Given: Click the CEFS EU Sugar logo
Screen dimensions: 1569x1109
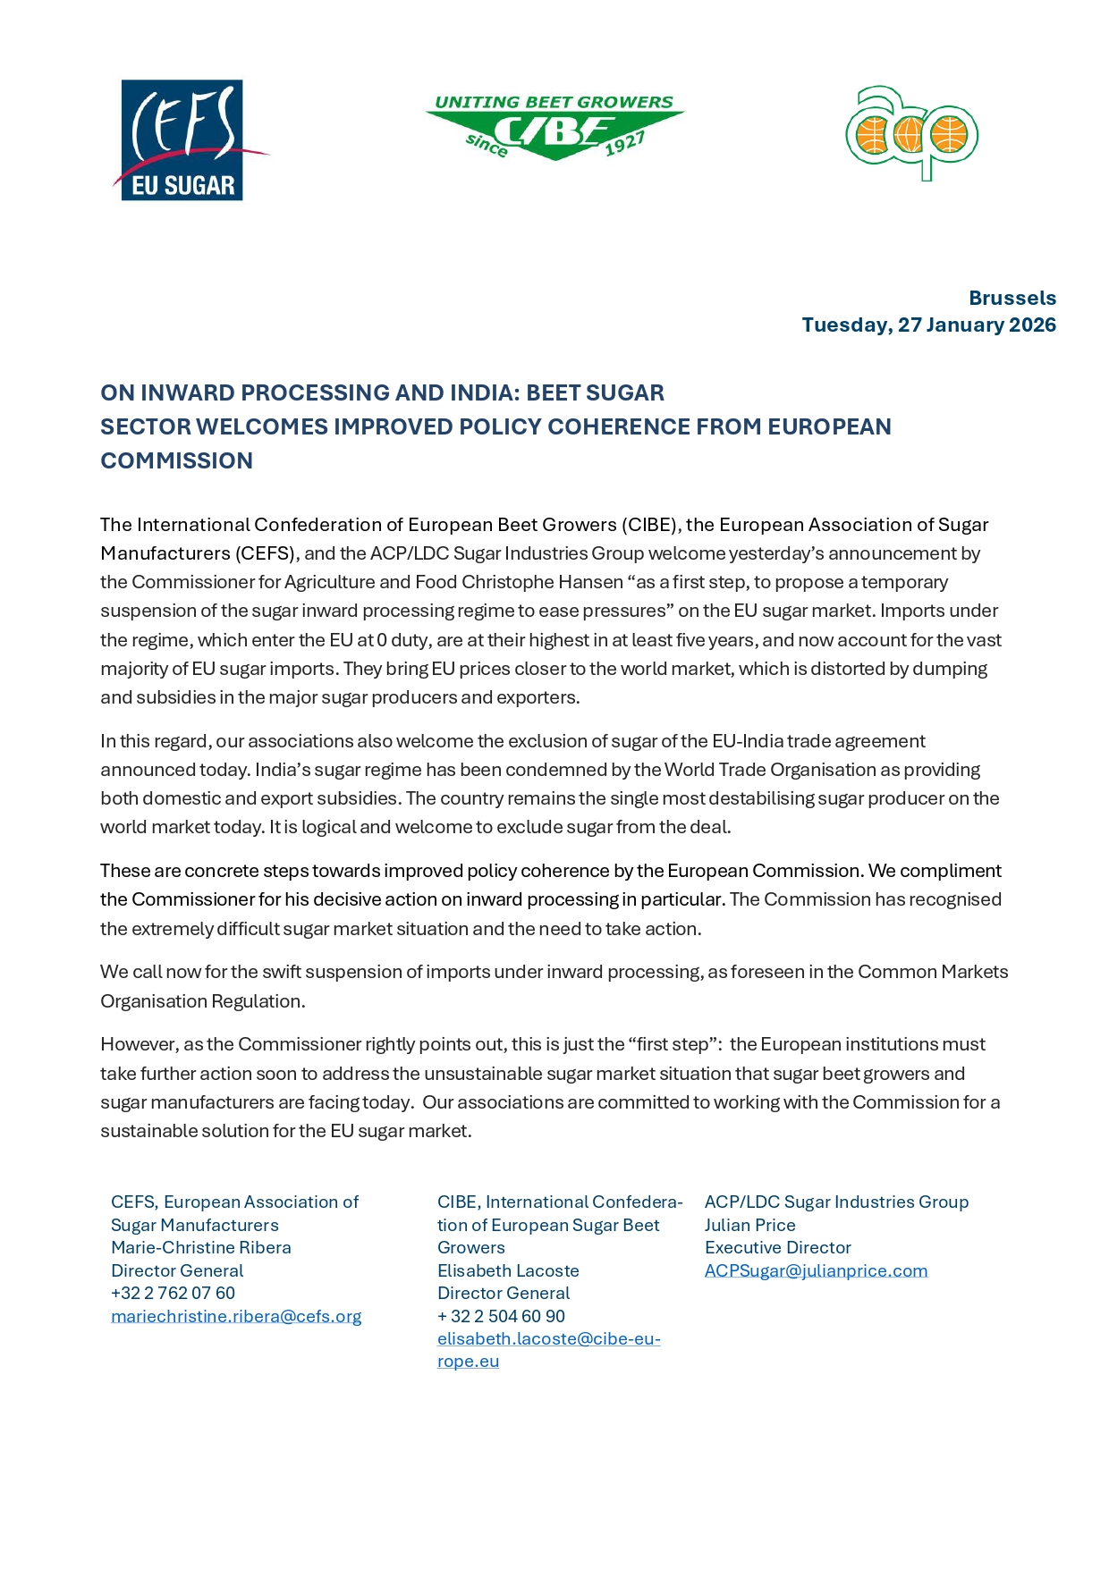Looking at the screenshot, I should pyautogui.click(x=182, y=140).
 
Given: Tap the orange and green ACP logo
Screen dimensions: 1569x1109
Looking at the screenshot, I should pyautogui.click(x=911, y=134).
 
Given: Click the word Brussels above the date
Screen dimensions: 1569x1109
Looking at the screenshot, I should pyautogui.click(x=1012, y=299).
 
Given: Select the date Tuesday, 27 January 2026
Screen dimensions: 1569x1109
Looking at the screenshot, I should pyautogui.click(x=928, y=325).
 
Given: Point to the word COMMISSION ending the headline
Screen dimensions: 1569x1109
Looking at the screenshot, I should pyautogui.click(x=177, y=461).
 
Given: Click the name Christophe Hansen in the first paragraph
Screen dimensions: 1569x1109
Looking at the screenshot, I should pyautogui.click(x=543, y=582).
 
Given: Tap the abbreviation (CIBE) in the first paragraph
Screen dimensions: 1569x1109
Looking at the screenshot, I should pyautogui.click(x=649, y=525).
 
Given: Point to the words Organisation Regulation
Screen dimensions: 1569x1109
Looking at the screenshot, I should pyautogui.click(x=202, y=1001).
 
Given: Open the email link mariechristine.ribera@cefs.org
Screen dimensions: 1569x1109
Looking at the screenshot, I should pyautogui.click(x=236, y=1317).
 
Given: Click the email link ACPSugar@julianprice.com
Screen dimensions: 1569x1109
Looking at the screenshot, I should pyautogui.click(x=816, y=1271).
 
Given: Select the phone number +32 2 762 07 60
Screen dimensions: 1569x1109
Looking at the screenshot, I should pyautogui.click(x=173, y=1294).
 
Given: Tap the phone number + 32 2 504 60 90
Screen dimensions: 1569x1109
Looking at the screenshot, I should pyautogui.click(x=501, y=1317).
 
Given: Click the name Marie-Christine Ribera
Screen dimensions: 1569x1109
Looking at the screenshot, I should pyautogui.click(x=200, y=1248).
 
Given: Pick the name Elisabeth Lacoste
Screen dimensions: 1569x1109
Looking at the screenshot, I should pyautogui.click(x=508, y=1271).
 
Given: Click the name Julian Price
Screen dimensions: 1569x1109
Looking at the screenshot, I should pyautogui.click(x=749, y=1226).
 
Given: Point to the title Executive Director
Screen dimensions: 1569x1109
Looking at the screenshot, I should pyautogui.click(x=777, y=1248).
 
